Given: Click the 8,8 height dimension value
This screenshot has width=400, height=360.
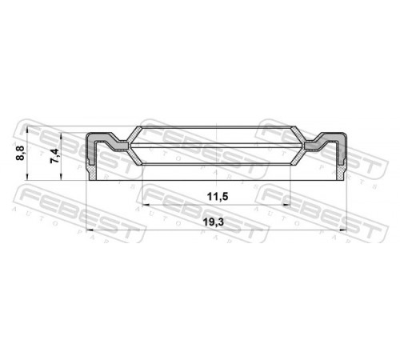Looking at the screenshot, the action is tap(20, 153).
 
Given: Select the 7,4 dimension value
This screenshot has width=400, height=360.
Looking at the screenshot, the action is tap(54, 156).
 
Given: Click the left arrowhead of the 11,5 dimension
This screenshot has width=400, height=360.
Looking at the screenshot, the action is tap(146, 205).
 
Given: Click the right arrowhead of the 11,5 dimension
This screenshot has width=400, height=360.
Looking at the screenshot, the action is tap(286, 205).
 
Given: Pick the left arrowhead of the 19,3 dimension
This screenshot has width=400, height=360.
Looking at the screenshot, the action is tap(90, 230).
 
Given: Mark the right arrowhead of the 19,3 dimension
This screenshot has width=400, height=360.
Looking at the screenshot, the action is tap(343, 230).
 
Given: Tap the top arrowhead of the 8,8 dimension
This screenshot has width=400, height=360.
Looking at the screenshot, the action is tap(27, 130).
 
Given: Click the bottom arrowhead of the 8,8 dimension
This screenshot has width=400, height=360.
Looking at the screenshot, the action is tap(27, 178).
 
